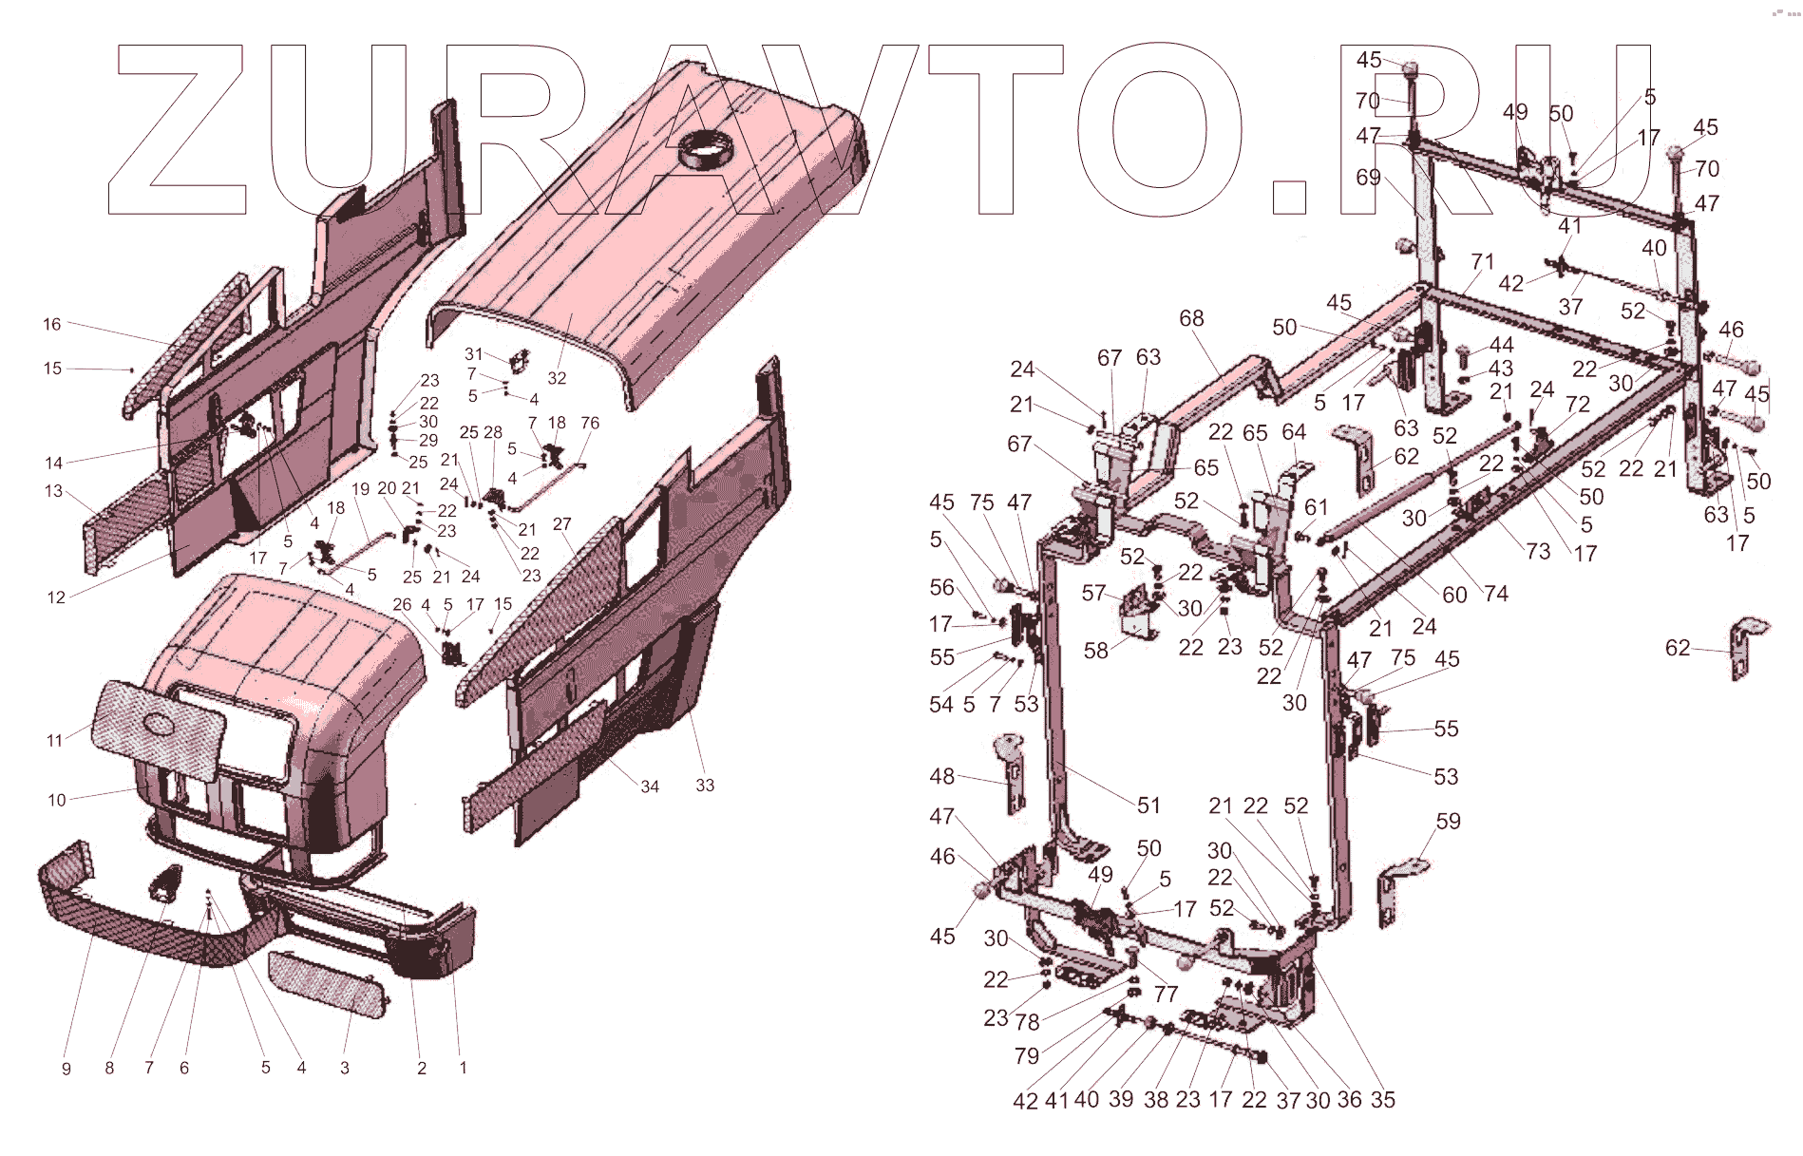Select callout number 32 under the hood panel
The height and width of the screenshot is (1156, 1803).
coord(557,378)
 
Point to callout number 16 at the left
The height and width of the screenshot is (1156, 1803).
coord(52,324)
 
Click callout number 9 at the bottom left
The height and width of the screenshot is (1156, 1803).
coord(66,1069)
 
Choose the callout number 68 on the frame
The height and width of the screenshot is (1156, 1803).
coord(1191,318)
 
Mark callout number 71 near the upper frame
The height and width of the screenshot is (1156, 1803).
coord(1482,262)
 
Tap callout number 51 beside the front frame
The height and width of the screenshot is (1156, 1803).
coord(1148,805)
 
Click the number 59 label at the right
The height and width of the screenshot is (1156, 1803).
coord(1448,821)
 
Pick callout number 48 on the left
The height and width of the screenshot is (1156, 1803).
coord(941,776)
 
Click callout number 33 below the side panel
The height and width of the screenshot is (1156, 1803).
coord(705,786)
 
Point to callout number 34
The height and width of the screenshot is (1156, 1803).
coord(650,786)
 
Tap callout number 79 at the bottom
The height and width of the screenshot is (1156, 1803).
coord(1026,1055)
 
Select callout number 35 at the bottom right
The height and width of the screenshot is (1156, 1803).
coord(1383,1099)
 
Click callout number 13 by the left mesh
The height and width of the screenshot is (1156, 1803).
coord(53,491)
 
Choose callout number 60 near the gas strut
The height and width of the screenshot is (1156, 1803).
coord(1454,595)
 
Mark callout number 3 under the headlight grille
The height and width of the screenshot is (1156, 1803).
coord(345,1069)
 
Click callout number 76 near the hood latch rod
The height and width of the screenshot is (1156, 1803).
coord(590,423)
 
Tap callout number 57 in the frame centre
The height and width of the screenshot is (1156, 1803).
coord(1093,593)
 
